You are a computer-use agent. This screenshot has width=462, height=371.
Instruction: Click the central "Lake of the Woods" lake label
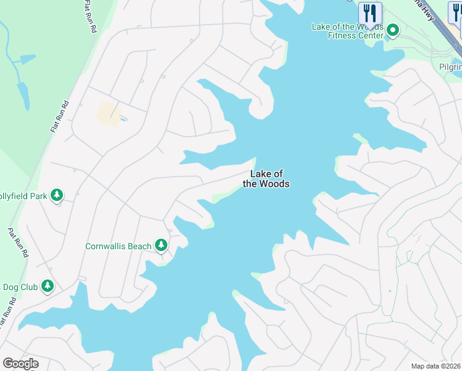(x=266, y=179)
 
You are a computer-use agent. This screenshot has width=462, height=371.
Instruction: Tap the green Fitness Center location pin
(x=392, y=30)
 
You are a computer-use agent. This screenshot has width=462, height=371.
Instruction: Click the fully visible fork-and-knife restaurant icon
(x=370, y=12)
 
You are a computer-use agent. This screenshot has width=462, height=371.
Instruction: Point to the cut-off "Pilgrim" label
(x=450, y=67)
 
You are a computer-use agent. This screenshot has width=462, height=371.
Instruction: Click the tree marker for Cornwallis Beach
(x=161, y=245)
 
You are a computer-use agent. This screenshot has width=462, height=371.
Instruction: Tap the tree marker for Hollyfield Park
(x=57, y=195)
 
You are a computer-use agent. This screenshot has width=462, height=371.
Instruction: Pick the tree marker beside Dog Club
(x=47, y=286)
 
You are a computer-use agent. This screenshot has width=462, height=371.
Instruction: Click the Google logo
(x=20, y=364)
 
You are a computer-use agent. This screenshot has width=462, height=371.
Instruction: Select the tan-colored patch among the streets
(x=108, y=113)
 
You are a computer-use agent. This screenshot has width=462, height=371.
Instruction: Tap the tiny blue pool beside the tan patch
(x=124, y=118)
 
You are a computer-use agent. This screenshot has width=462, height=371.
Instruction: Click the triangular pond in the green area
(x=27, y=60)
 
